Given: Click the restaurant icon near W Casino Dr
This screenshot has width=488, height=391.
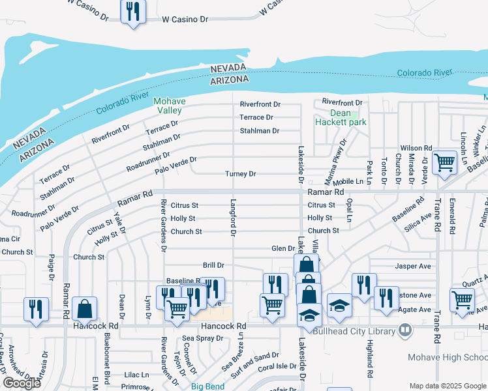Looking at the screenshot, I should (133, 12).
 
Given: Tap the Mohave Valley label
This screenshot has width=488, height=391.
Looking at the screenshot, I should (170, 106).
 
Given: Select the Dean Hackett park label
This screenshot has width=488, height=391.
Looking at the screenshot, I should (341, 117).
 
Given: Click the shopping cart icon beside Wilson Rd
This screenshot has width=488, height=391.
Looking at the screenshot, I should (445, 164).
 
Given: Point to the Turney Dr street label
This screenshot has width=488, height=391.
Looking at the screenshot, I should (240, 174).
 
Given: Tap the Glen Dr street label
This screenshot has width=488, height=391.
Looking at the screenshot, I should (283, 248).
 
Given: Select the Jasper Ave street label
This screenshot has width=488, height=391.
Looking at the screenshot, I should (413, 266).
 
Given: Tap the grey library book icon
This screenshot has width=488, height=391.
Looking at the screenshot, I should (405, 330).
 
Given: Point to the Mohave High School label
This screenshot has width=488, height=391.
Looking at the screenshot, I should (447, 357).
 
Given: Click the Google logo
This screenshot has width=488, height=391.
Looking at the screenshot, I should (22, 383).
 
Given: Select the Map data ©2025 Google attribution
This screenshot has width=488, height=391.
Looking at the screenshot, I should (447, 386).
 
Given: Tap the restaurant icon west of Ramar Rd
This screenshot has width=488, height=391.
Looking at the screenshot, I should (35, 309).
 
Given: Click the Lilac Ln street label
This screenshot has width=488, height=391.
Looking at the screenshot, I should (136, 375).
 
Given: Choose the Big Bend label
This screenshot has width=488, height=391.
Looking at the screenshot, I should (207, 386).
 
